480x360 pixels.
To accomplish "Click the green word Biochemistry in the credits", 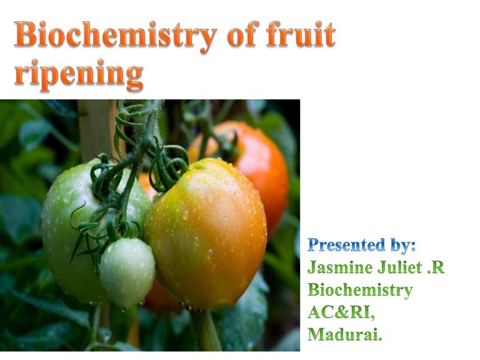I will point(360,291).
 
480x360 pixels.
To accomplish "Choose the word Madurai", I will point(345,335).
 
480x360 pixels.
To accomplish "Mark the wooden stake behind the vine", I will point(94,128).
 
